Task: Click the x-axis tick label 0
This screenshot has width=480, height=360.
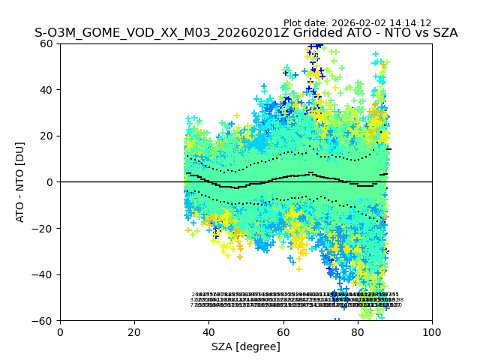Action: point(60,332)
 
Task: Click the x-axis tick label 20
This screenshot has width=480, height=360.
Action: point(134,332)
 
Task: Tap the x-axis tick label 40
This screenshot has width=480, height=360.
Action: point(208,332)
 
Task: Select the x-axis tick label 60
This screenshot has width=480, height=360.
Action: point(283,332)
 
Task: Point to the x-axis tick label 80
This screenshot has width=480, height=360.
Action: point(358,332)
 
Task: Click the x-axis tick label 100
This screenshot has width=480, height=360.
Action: point(432,332)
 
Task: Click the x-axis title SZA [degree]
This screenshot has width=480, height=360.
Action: point(246,346)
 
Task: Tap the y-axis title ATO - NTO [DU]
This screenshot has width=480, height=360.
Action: point(20,182)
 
